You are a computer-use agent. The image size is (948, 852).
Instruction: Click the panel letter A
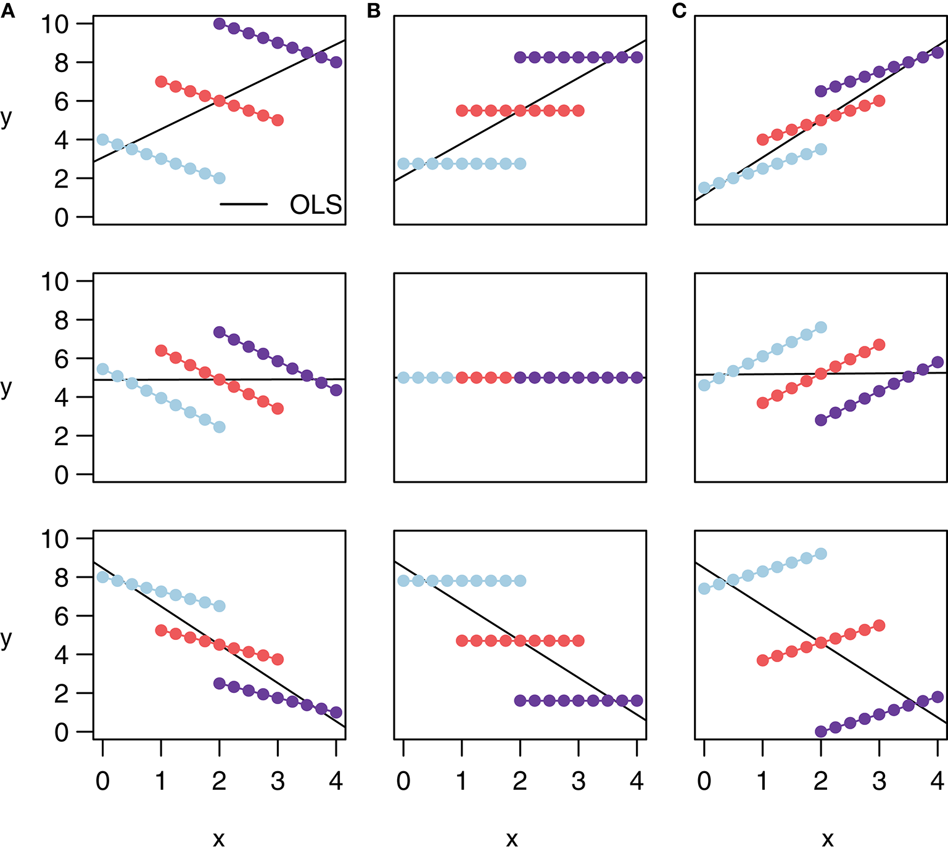(x=7, y=10)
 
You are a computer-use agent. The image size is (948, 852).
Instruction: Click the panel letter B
(x=374, y=10)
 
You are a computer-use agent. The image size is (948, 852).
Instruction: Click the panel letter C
(x=679, y=10)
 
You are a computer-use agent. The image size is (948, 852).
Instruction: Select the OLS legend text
(x=316, y=205)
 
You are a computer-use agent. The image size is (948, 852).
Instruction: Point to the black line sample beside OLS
(x=244, y=204)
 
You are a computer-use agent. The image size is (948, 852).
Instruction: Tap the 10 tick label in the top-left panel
(x=54, y=24)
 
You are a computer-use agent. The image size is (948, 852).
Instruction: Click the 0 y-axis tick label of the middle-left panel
(x=61, y=475)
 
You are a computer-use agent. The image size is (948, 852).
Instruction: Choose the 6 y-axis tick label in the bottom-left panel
(x=61, y=616)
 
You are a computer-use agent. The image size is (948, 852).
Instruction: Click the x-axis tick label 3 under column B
(x=578, y=781)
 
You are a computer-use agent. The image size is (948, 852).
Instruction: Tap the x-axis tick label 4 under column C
(x=938, y=781)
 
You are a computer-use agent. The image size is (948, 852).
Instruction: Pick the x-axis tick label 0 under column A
(x=102, y=781)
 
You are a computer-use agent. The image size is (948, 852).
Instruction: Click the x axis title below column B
(x=512, y=838)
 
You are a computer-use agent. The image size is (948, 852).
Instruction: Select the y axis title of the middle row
(x=7, y=388)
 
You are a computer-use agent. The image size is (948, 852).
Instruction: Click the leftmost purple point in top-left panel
(x=219, y=24)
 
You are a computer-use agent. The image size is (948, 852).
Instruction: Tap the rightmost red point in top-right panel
(x=879, y=101)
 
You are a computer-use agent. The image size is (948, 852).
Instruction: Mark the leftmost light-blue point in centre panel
(x=403, y=378)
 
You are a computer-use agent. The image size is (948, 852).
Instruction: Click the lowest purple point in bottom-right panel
(x=821, y=732)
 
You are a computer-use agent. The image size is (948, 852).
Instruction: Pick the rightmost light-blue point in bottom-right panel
(x=821, y=554)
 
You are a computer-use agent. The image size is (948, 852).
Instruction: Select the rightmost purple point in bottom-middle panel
(x=637, y=700)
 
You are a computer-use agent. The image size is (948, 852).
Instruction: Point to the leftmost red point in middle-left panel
(x=161, y=351)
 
